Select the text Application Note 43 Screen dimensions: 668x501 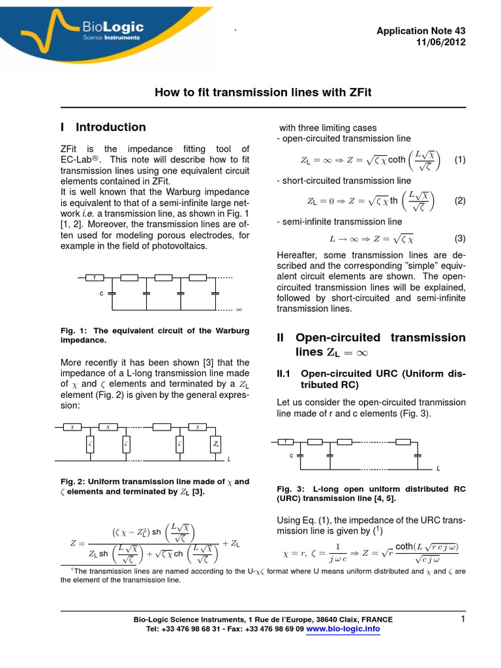coord(422,31)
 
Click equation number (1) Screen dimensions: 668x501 coord(459,160)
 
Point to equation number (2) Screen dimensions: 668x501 coord(459,201)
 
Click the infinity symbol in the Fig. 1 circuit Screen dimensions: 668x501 coord(239,309)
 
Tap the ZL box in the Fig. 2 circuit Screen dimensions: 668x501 coord(216,444)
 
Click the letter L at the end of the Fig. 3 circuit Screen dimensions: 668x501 coord(438,469)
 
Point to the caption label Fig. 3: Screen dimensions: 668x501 coord(289,489)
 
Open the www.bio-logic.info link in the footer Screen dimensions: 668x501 coord(343,629)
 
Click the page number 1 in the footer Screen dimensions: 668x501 coord(462,619)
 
